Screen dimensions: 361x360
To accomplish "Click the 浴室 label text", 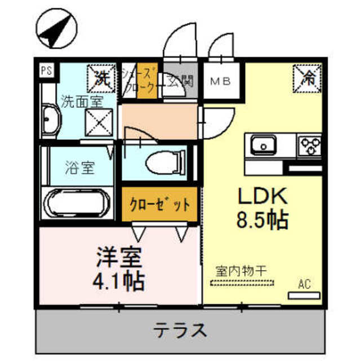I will pyautogui.click(x=79, y=168).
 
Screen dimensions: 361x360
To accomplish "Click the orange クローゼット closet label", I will pyautogui.click(x=159, y=203).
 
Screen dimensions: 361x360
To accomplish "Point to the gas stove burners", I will pyautogui.click(x=309, y=146).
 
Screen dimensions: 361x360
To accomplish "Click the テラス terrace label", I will pyautogui.click(x=179, y=329).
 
